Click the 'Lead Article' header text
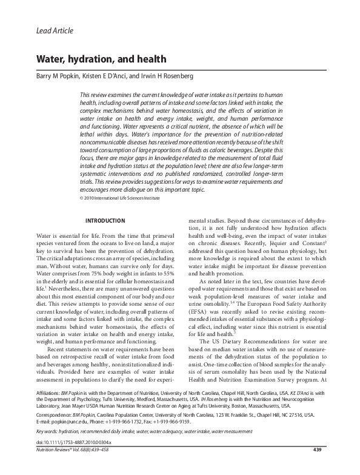[55, 30]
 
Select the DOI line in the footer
[68, 459]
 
